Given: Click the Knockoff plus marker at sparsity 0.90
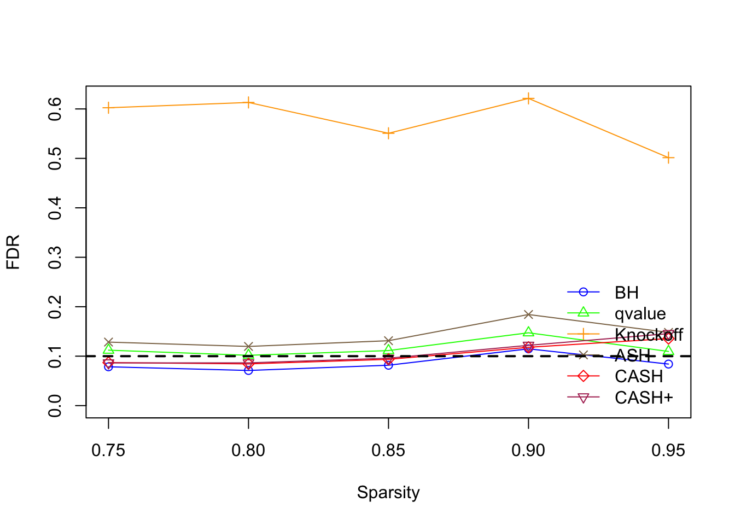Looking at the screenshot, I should (x=528, y=98).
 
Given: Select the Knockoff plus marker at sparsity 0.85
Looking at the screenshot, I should (x=388, y=133).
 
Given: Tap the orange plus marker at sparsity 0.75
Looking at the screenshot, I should (x=108, y=108).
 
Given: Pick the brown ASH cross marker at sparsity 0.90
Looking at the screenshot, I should (x=528, y=314).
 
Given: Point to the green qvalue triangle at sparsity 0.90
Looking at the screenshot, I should (x=528, y=332).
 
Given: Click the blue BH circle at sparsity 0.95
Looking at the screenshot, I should (x=668, y=364).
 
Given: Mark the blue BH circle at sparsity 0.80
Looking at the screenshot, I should (x=248, y=370).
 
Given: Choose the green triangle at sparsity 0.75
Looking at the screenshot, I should (x=108, y=349).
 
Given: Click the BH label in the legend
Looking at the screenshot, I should (x=627, y=293).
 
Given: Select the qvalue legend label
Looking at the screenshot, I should (x=640, y=313).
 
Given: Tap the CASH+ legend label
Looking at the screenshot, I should (x=644, y=398).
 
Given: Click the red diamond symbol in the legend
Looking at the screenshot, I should (x=583, y=376).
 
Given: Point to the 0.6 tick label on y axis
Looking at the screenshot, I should (x=55, y=109).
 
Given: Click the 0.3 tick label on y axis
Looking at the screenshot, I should (x=55, y=257).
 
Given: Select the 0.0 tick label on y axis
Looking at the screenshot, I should (x=55, y=405).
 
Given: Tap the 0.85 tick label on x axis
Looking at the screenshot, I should (x=388, y=450).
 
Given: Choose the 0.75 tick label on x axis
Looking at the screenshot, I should (x=108, y=450).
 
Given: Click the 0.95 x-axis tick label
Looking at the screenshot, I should (x=668, y=450).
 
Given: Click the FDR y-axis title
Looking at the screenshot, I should (x=13, y=252).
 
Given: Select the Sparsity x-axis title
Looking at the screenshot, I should (x=388, y=492).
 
